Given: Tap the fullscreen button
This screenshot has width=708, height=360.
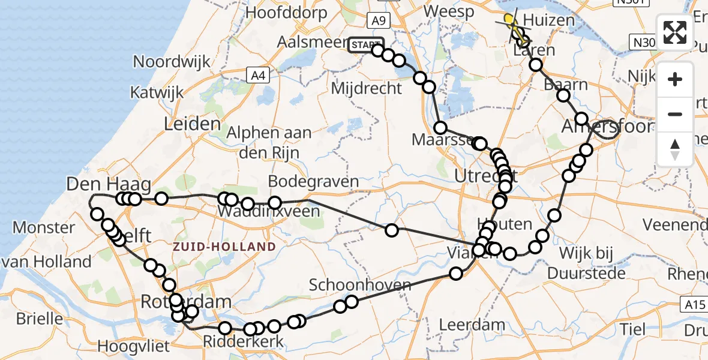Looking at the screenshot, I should tap(675, 32).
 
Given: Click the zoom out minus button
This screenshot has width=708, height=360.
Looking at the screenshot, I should tap(675, 114).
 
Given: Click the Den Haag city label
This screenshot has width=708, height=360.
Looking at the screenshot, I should tap(101, 184).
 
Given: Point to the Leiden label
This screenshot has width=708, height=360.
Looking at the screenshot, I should tap(192, 124).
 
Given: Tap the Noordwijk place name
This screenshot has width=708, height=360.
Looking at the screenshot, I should tap(172, 62).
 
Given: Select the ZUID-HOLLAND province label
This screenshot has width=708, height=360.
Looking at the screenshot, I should tap(224, 247).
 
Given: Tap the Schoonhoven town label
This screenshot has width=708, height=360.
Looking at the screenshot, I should tap(360, 285).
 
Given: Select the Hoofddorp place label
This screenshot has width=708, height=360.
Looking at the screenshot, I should tap(286, 12).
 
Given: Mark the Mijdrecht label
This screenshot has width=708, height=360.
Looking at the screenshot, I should tap(367, 89).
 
